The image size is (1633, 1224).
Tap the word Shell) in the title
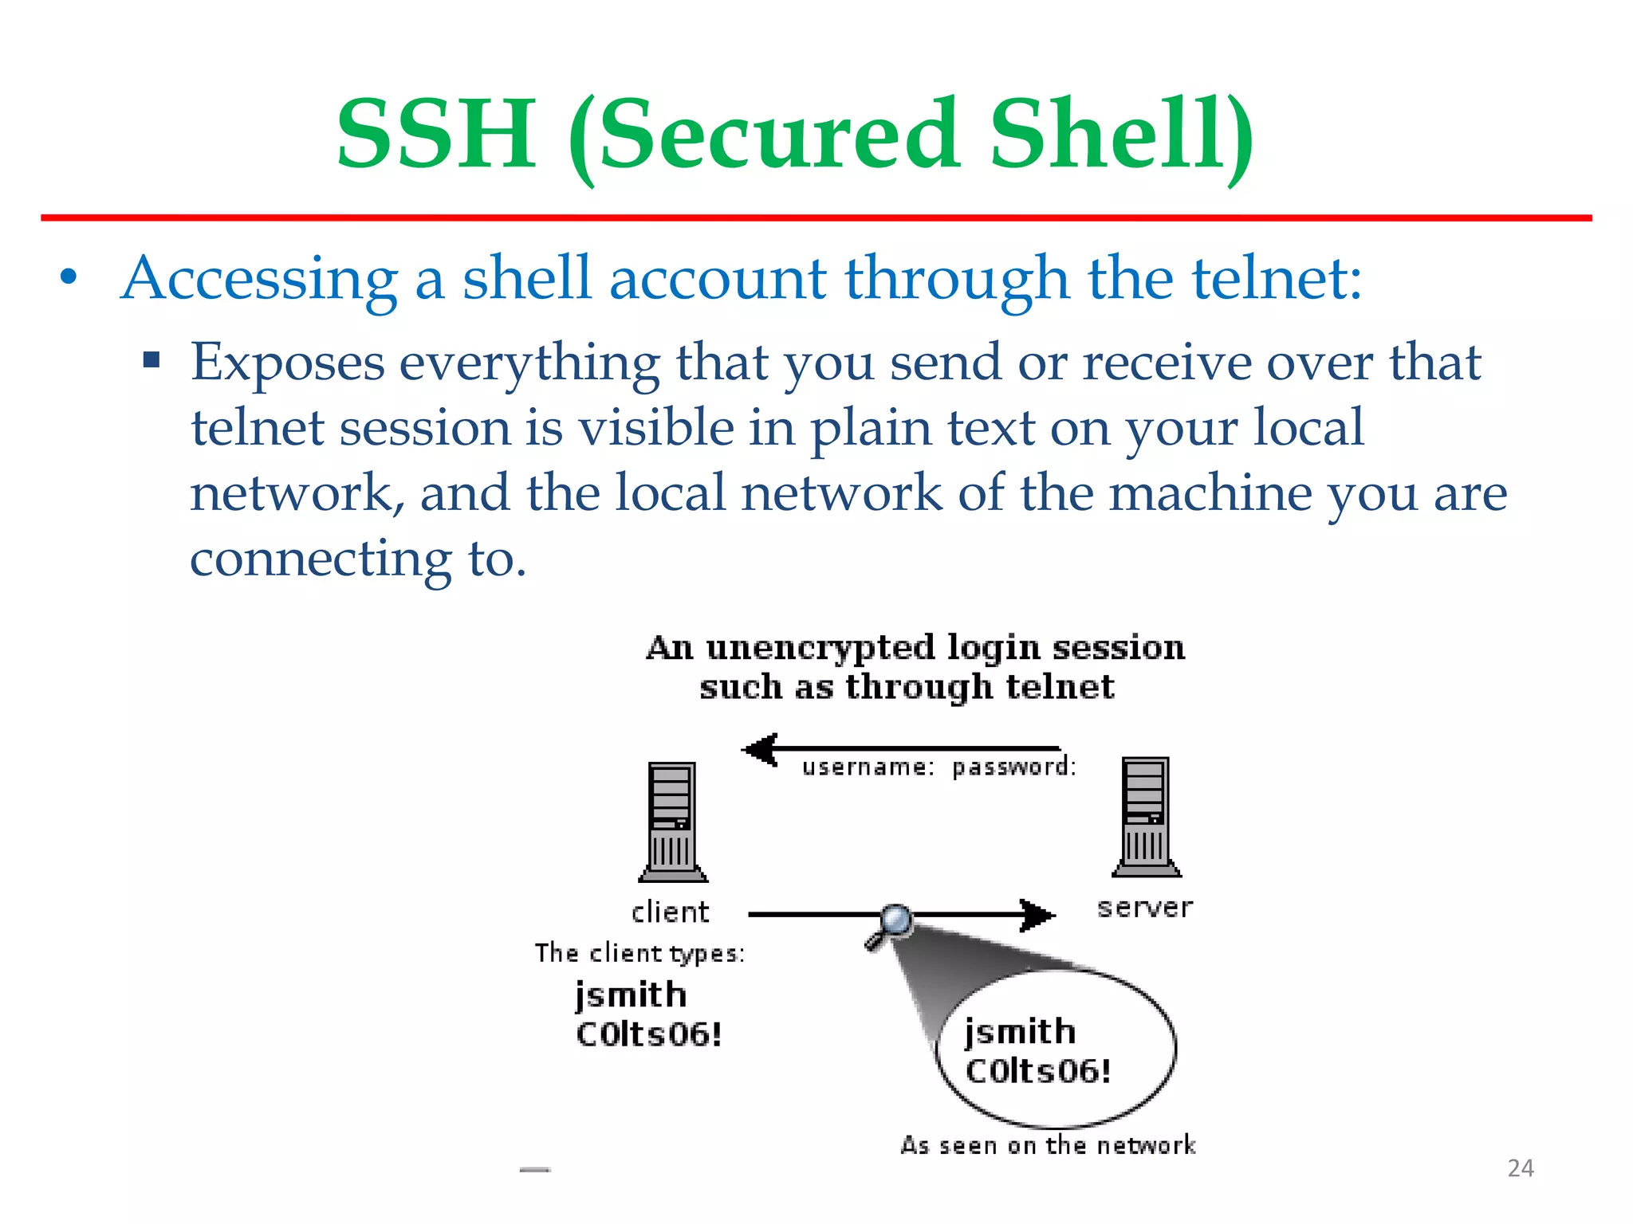tap(1121, 135)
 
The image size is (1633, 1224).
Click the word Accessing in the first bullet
tap(259, 278)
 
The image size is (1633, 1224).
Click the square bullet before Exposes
tap(151, 360)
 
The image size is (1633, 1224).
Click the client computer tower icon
tap(672, 821)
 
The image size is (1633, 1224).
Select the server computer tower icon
tap(1146, 817)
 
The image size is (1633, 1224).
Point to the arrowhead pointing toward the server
tap(1037, 915)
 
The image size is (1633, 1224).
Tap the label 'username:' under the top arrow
tap(868, 767)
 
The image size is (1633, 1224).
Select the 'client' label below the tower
tap(670, 912)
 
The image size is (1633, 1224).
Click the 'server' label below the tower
tap(1145, 907)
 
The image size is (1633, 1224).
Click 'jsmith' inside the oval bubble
tap(1020, 1032)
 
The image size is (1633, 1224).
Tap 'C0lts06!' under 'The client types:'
tap(649, 1034)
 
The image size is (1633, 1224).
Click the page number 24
tap(1521, 1168)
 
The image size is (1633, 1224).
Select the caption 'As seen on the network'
tap(1048, 1145)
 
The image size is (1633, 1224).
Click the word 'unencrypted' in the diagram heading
tap(820, 649)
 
